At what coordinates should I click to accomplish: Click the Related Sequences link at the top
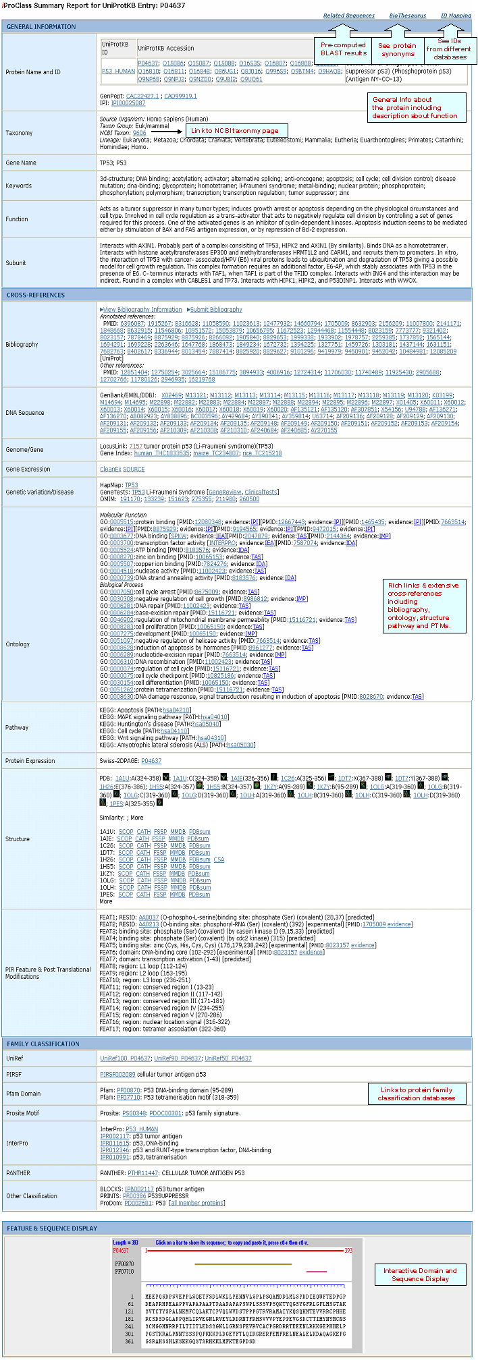coord(348,16)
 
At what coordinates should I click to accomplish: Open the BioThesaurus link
coord(408,16)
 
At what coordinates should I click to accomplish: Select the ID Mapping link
coord(456,16)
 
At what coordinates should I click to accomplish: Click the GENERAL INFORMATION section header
coord(41,27)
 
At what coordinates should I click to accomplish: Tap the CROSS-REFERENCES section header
coord(36,295)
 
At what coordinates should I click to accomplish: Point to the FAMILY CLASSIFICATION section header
coord(43,1044)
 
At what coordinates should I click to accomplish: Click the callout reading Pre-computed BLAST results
coord(343,49)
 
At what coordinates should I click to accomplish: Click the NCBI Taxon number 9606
coord(139,133)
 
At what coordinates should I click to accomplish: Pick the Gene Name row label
coord(21,163)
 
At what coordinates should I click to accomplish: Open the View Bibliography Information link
coord(142,310)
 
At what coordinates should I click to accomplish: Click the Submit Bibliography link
coord(216,310)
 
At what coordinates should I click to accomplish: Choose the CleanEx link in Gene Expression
coord(109,469)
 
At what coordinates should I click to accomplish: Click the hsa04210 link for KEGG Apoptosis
coord(176,710)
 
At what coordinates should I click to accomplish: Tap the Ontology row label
coord(18,644)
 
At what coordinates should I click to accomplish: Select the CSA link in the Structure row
coord(219,859)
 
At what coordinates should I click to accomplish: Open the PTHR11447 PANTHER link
coord(142,1173)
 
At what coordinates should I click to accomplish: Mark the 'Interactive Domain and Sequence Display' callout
coord(420,1274)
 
